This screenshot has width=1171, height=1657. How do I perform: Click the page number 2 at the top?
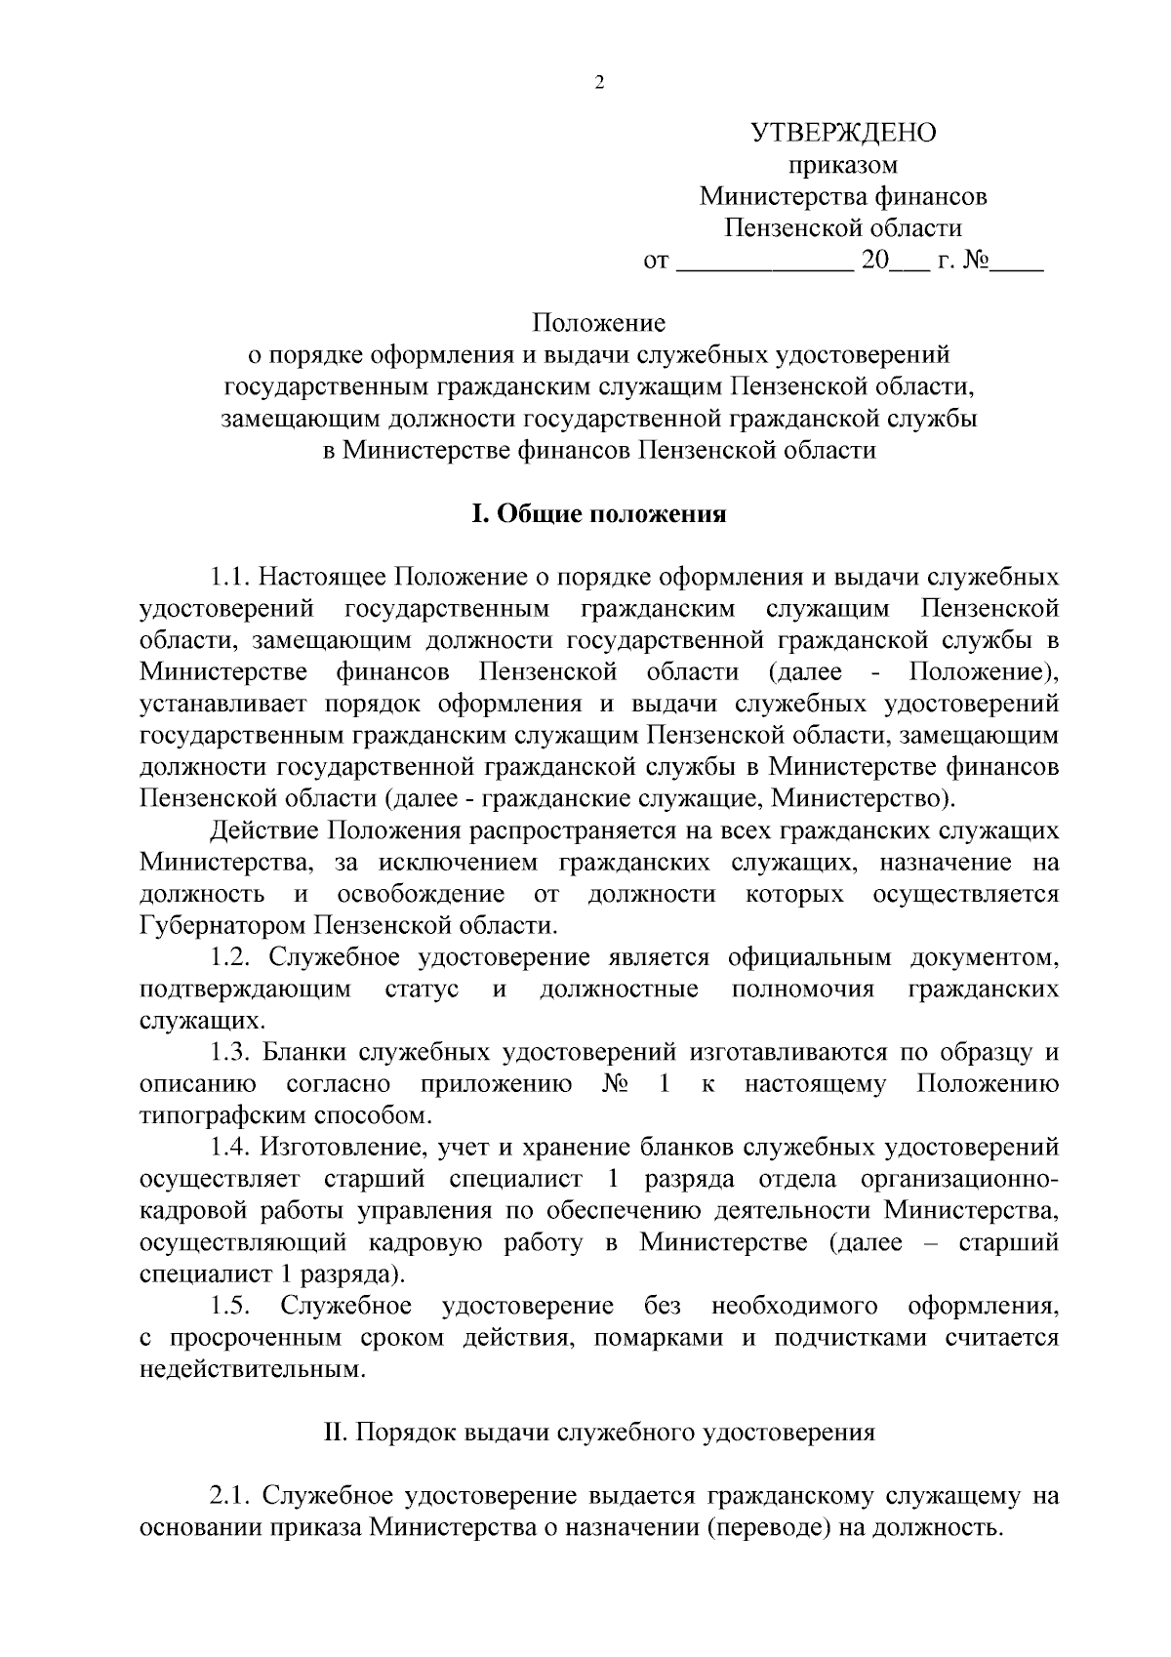pos(599,83)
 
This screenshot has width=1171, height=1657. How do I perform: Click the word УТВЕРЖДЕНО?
pos(843,133)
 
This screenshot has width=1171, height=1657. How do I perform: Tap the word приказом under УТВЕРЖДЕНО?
pos(843,165)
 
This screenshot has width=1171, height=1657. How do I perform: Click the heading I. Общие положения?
pos(599,514)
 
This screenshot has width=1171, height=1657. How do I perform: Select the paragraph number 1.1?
pos(230,577)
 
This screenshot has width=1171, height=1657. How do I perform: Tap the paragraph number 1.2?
pos(230,957)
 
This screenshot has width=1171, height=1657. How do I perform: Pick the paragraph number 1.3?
pos(230,1052)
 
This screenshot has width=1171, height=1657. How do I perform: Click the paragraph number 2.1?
pos(230,1496)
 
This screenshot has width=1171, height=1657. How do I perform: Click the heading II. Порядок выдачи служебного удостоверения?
pos(599,1433)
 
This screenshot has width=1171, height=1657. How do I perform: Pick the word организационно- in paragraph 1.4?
pos(959,1179)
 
